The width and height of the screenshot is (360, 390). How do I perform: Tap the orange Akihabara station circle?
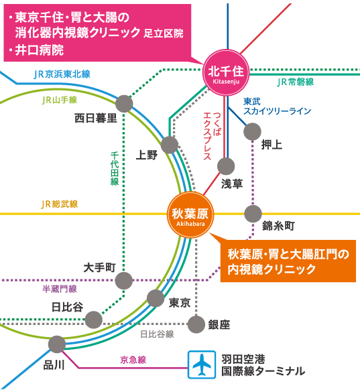[190, 215]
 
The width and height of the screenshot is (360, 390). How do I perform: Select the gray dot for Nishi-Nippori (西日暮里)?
[124, 104]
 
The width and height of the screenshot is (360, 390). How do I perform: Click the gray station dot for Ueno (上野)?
[170, 145]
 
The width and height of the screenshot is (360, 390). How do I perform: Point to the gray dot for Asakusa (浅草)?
[226, 166]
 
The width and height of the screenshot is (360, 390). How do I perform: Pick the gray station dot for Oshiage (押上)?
[252, 131]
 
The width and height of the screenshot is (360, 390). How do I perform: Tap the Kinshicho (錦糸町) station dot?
[253, 214]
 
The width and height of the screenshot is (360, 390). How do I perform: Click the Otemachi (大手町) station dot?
[124, 281]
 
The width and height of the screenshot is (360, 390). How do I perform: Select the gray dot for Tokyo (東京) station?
[156, 298]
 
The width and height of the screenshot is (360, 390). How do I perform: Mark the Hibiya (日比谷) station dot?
[94, 320]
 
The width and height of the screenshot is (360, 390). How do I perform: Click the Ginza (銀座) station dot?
[196, 324]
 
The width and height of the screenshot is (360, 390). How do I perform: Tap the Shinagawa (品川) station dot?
[57, 344]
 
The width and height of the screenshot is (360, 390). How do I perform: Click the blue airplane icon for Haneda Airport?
[202, 365]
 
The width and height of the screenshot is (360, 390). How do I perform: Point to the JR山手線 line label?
[60, 100]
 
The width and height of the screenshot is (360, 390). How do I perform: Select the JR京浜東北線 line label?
[62, 74]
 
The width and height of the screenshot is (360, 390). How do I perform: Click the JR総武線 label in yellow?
[60, 204]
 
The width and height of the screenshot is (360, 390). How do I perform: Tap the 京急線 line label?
[133, 360]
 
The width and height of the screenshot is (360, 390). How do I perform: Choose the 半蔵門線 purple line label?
[60, 289]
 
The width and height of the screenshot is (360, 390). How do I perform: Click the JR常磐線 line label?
[296, 82]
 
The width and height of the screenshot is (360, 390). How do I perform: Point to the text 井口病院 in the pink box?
[40, 50]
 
